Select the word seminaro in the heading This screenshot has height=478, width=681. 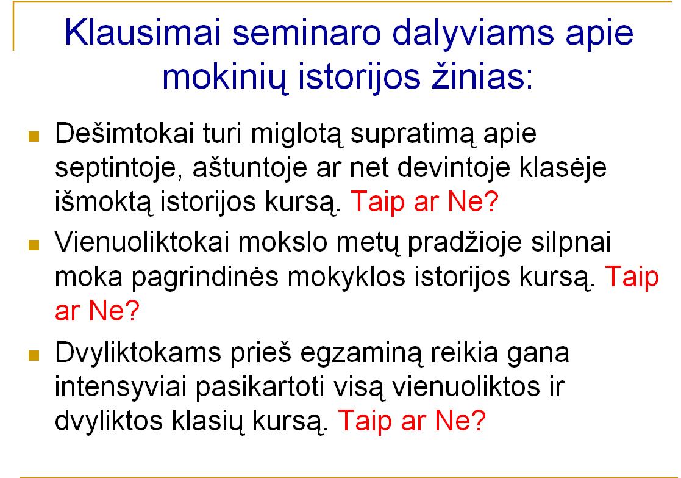pos(306,33)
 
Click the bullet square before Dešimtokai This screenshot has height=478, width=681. pos(34,137)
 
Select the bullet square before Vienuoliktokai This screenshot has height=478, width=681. pos(34,245)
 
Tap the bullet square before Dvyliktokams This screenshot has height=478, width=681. pos(34,355)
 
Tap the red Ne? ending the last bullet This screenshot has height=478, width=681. pos(460,420)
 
